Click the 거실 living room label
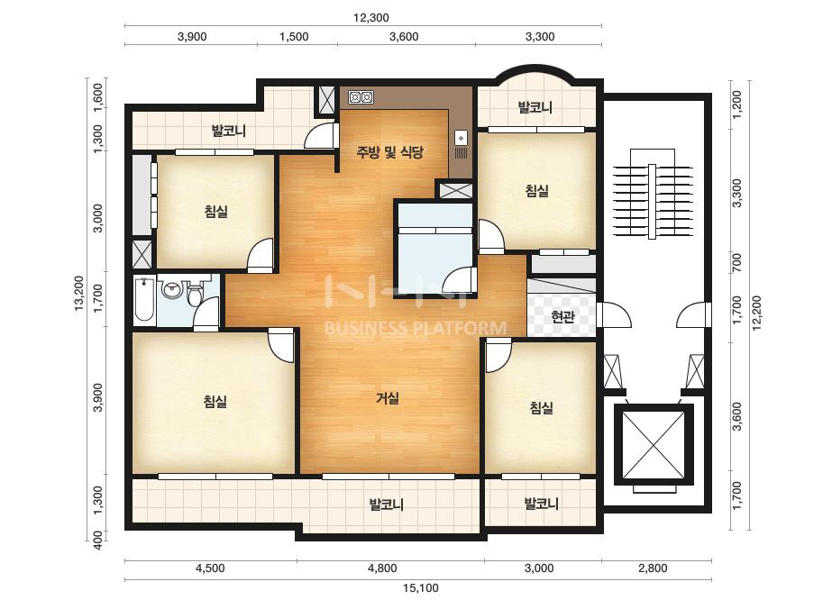388,398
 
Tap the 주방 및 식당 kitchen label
390,153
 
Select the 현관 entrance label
562,317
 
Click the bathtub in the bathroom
144,301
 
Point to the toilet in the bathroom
195,295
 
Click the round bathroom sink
172,290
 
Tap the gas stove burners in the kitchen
361,97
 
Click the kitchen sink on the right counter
462,139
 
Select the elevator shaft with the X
654,445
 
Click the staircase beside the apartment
654,195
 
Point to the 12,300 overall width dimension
370,17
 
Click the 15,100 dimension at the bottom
420,587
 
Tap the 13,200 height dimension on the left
78,294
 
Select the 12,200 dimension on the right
756,313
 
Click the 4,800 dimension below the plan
382,568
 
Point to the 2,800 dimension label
653,568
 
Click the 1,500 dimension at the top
294,37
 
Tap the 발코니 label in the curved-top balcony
535,108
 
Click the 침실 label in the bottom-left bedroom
215,402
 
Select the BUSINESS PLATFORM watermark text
415,328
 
